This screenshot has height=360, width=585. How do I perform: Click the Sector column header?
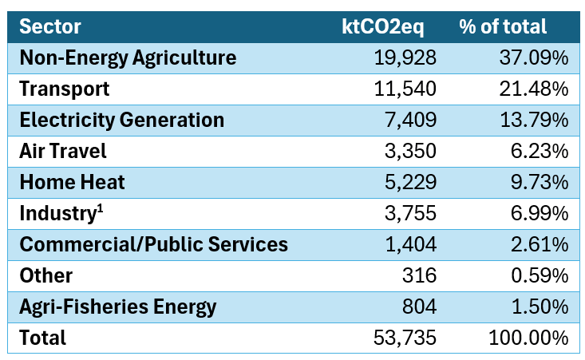(x=50, y=26)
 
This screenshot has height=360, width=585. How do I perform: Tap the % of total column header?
(x=502, y=26)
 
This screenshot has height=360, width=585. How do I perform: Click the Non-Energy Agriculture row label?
(x=128, y=57)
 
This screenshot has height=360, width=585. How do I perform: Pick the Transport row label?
(x=65, y=89)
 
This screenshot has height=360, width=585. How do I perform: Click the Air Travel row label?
(x=63, y=151)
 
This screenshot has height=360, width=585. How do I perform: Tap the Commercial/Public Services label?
(x=153, y=244)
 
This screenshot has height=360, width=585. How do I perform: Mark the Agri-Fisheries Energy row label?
(x=117, y=307)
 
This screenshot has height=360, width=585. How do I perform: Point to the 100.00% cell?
(x=528, y=338)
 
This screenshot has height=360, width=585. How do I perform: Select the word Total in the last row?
(x=43, y=338)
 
